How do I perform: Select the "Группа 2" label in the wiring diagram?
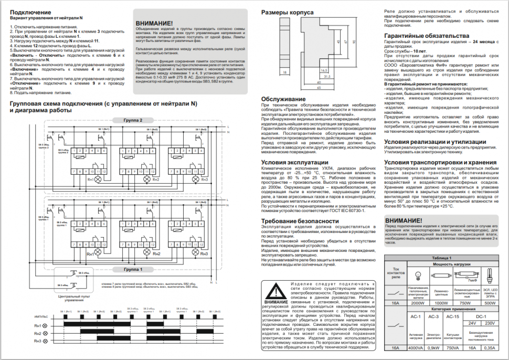(133, 120)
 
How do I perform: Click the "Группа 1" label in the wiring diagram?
(133, 269)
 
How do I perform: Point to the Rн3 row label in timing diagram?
(37, 342)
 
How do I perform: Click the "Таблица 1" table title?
(442, 258)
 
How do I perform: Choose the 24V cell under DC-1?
(472, 323)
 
